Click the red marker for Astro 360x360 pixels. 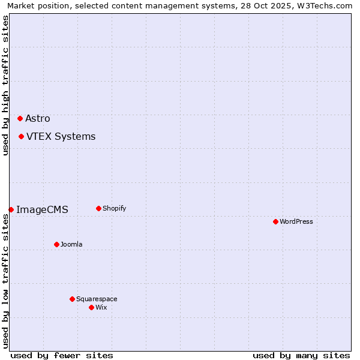coord(20,118)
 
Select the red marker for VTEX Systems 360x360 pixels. coord(21,136)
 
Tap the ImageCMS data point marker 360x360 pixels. coord(11,209)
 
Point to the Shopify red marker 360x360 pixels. coord(98,208)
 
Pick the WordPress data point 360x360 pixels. coord(275,221)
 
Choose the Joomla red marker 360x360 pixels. coord(56,244)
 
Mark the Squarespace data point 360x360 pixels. coord(72,299)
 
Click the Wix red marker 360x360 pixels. coord(91,307)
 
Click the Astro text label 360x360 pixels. coord(38,119)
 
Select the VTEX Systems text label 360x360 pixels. coord(61,137)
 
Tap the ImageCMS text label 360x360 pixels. coord(42,210)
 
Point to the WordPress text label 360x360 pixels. coord(296,222)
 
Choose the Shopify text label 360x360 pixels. coord(115,209)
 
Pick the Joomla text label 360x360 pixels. coord(71,245)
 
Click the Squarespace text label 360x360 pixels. coord(97,299)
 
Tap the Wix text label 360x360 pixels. coord(101,308)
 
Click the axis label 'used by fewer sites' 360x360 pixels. coord(62,355)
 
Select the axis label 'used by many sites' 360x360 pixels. coord(301,355)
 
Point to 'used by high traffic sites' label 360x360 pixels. coord(5,85)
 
